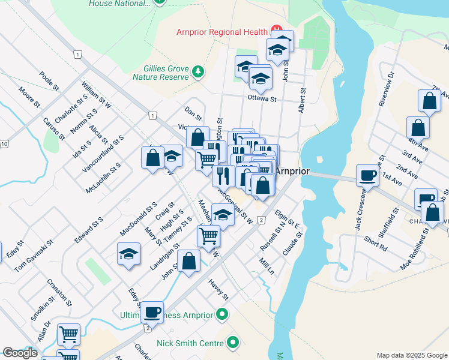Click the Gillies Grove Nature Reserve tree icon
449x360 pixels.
(198, 73)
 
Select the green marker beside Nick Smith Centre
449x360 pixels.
(232, 344)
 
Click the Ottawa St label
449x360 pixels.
(261, 99)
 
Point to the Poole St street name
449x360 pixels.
(49, 82)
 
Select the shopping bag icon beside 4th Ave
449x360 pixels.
(418, 128)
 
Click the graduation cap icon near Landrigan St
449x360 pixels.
(128, 254)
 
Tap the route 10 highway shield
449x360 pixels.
(4, 144)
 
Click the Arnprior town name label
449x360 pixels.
(292, 171)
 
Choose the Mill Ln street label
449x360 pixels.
(267, 266)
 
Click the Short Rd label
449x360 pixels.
(376, 244)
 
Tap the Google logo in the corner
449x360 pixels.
(20, 353)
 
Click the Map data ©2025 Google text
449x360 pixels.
(411, 355)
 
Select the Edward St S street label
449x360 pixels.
(89, 230)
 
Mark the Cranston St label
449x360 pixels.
(61, 294)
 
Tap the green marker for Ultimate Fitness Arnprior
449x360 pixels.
(223, 314)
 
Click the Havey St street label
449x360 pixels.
(218, 289)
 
